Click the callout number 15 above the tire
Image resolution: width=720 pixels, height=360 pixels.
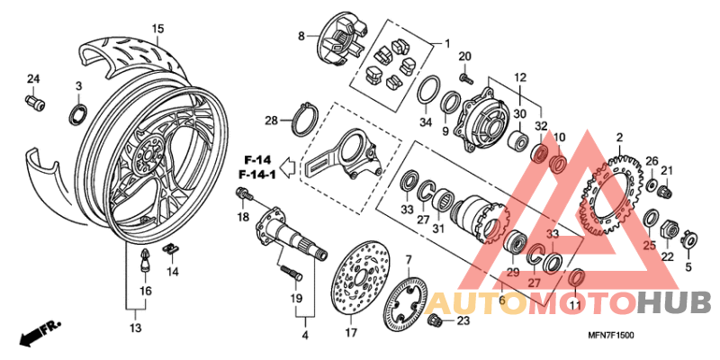(x=157, y=30)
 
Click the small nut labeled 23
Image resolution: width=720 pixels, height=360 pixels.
(x=436, y=320)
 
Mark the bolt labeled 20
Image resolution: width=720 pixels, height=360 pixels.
(x=466, y=78)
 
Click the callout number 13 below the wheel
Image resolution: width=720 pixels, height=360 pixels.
(x=135, y=329)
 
